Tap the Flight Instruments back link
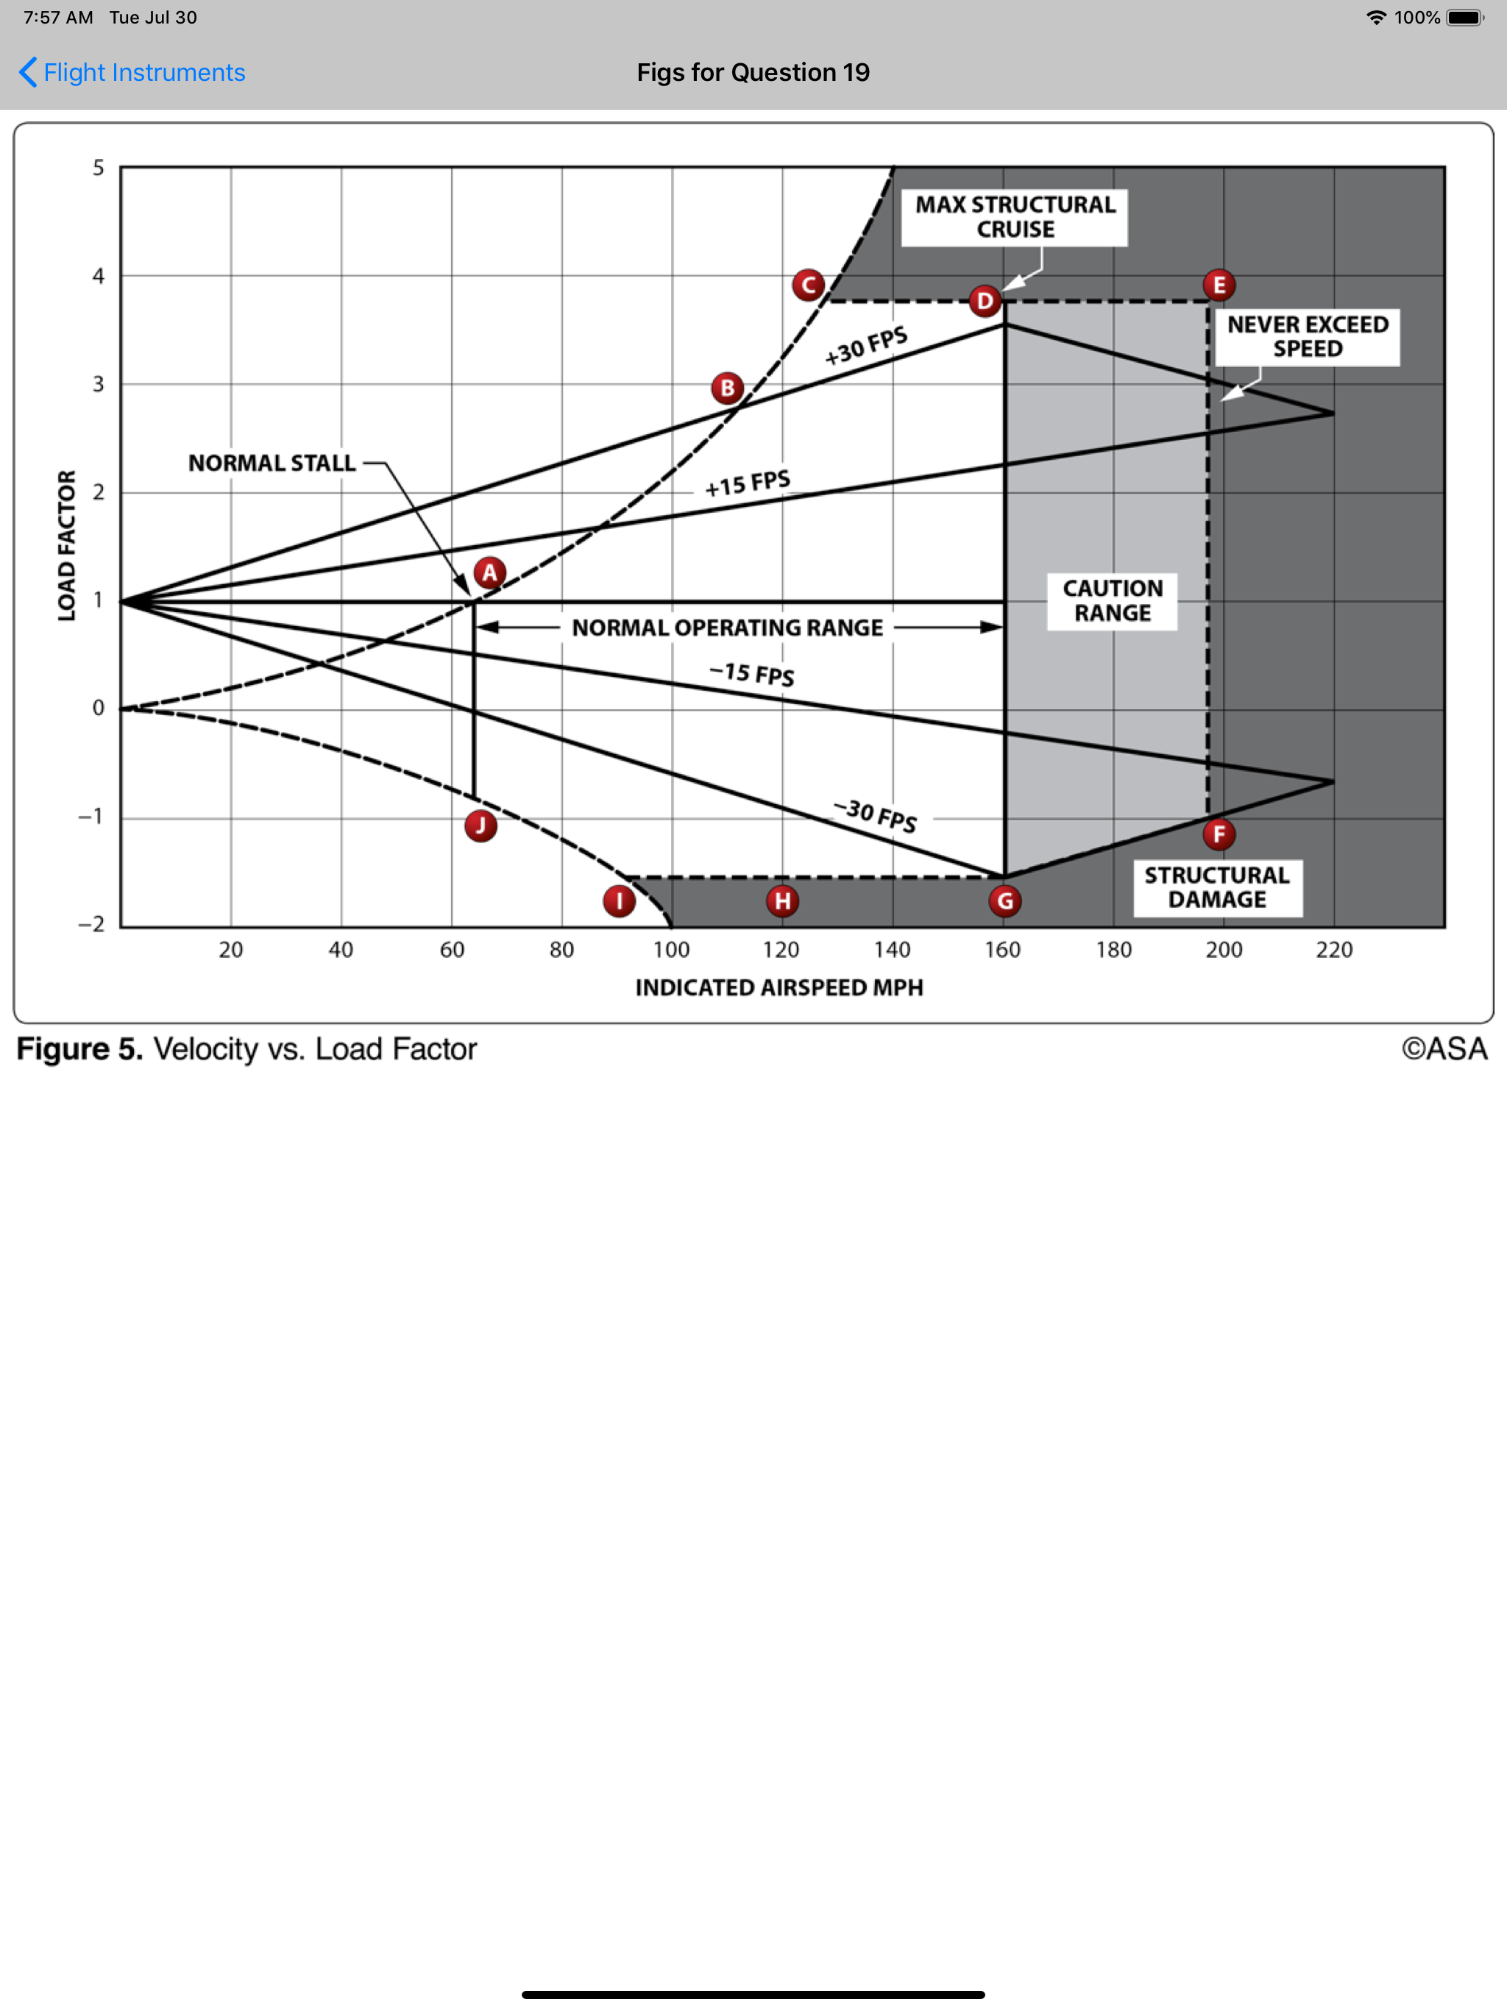coord(132,73)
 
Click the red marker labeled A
coord(490,573)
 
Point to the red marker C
coord(808,285)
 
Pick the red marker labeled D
coord(985,301)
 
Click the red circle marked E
coord(1219,285)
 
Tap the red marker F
coord(1219,834)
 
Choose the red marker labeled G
coord(1004,901)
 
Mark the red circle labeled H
coord(781,901)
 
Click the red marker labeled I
coord(619,901)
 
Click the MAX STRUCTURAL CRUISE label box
coord(1015,217)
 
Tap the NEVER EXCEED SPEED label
coord(1307,337)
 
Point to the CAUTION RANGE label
coord(1113,600)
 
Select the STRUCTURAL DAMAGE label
coord(1217,888)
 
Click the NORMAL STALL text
coord(272,464)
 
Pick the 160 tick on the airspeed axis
coord(1002,951)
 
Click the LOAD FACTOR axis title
coord(66,545)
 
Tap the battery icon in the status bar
coord(1464,17)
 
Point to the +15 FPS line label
coord(747,483)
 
